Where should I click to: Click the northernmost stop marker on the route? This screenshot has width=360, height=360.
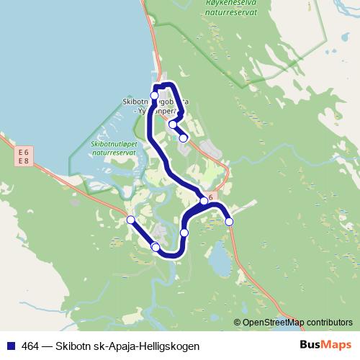pos(154,95)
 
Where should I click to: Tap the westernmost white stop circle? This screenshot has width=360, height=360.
pos(130,220)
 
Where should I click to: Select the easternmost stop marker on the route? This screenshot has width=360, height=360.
pos(229,222)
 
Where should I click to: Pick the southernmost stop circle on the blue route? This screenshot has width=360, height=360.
pos(156,247)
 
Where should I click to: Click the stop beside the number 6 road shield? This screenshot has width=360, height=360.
pos(204,201)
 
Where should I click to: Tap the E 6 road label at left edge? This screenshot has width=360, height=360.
pos(23,152)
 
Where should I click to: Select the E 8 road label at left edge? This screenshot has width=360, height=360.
pos(23,162)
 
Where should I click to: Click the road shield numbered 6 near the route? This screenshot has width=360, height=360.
pos(211,197)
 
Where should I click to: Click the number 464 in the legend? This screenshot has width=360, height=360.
pos(31,345)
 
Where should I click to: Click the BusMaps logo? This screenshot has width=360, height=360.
pos(325,344)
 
